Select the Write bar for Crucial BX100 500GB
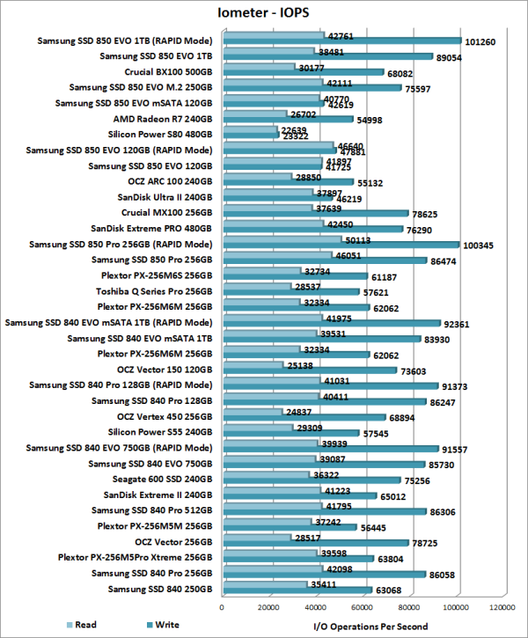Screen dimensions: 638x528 [x=304, y=73]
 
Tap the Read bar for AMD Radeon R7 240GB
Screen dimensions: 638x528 [x=255, y=114]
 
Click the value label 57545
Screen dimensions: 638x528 [x=377, y=434]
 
